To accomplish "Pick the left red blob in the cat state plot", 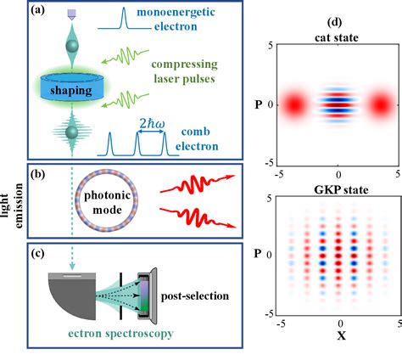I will coord(293,105).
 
